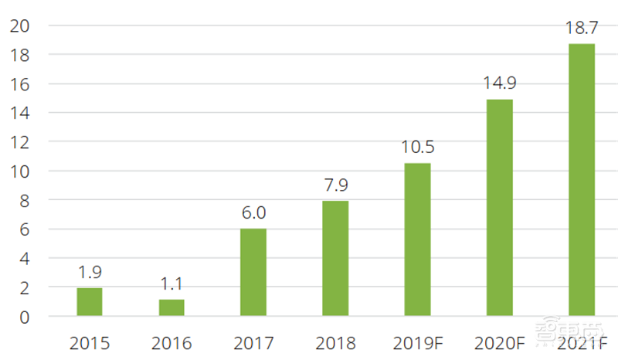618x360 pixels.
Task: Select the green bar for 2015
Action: [x=90, y=301]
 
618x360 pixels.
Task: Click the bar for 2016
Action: [x=171, y=307]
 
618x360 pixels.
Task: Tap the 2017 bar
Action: [x=253, y=272]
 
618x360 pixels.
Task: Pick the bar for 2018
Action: [x=335, y=258]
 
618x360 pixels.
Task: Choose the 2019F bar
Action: [x=418, y=239]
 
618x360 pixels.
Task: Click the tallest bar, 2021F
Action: [x=582, y=180]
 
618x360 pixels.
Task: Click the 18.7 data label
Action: [x=582, y=29]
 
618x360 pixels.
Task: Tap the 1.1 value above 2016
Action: [x=171, y=284]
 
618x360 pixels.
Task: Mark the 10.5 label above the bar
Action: [x=418, y=147]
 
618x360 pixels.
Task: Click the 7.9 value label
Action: [x=335, y=185]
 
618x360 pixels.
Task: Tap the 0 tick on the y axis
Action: [x=25, y=317]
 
